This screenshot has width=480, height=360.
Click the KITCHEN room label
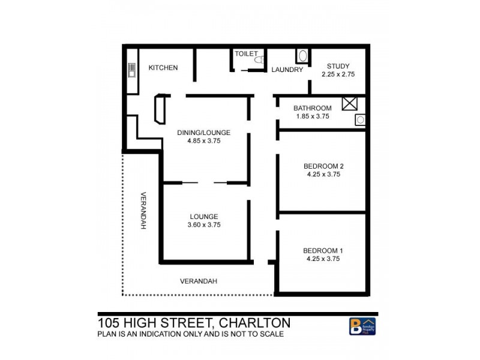coord(163,68)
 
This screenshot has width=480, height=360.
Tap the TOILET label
coord(246,53)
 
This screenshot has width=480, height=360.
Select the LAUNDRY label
coord(287,70)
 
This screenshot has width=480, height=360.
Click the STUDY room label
coord(338,66)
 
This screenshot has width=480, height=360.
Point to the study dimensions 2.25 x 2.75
coord(338,74)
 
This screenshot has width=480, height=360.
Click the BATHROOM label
coord(312,108)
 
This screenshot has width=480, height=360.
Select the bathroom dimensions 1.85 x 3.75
coord(312,116)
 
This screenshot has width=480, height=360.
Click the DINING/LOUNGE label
coord(203,133)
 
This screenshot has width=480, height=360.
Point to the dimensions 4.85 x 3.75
coord(203,141)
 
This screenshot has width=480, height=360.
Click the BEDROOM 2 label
coord(323,166)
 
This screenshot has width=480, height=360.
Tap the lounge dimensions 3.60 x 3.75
coord(204,225)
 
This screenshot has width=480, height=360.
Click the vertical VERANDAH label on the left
coord(144,210)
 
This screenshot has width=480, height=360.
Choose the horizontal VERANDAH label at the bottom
coord(199,281)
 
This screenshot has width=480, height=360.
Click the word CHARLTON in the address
coord(256,323)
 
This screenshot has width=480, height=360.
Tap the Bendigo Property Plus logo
coord(362,326)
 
